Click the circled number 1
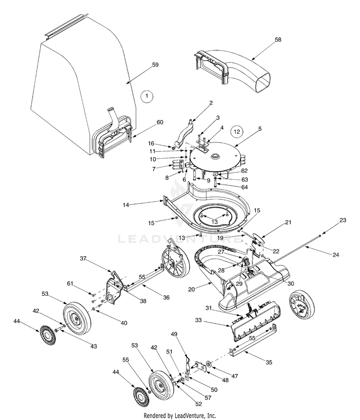[147, 96]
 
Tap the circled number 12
[236, 130]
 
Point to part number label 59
[155, 64]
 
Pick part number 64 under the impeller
[231, 187]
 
